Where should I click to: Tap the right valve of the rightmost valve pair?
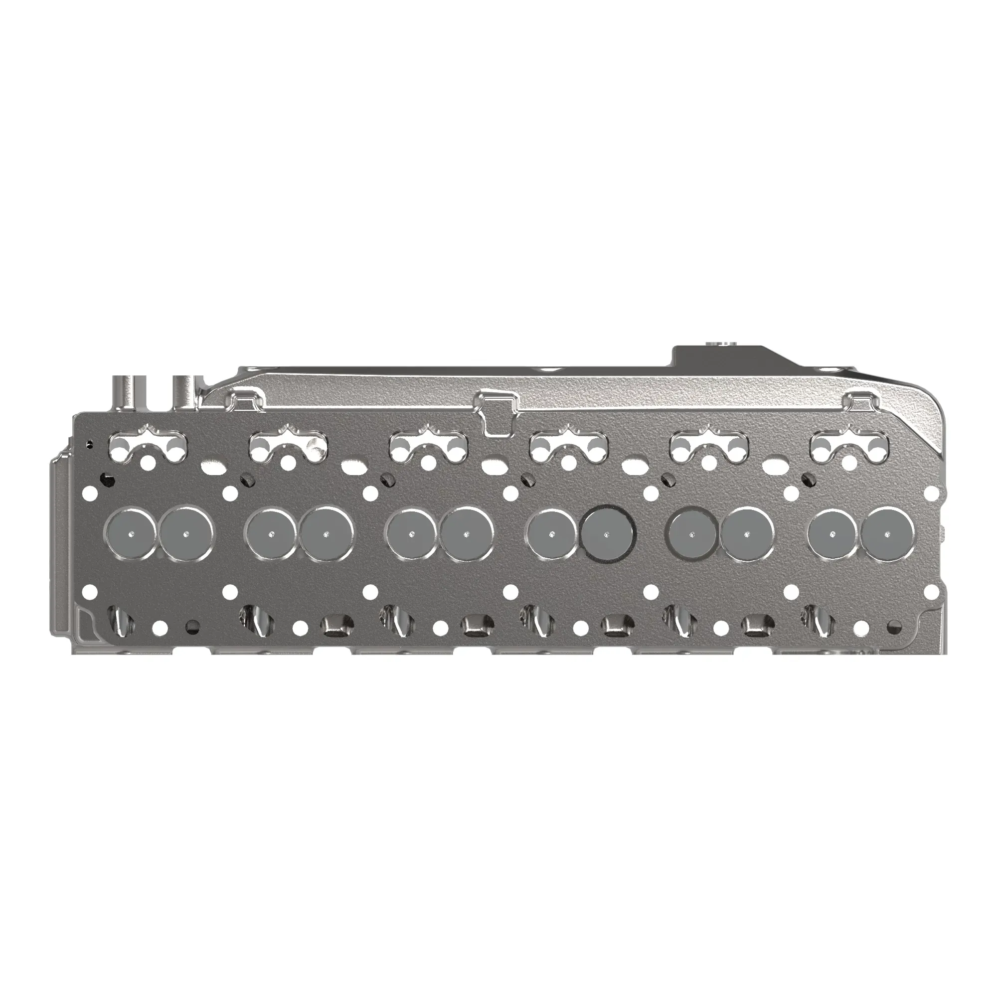pos(888,533)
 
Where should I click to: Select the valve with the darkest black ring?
pos(607,533)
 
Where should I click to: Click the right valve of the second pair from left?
pos(326,533)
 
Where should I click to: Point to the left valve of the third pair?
pos(412,533)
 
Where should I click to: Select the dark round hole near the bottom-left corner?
pos(192,627)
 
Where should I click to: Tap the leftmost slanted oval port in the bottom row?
pos(118,617)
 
